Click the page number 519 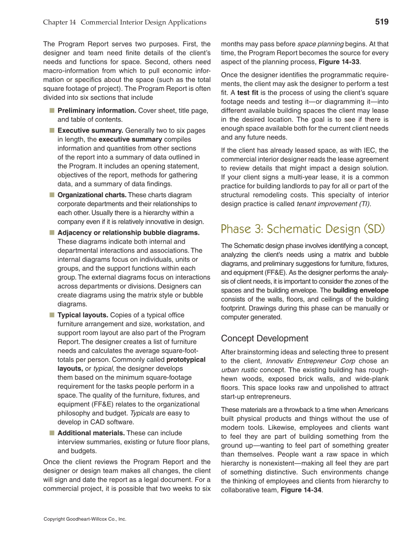pyautogui.click(x=381, y=22)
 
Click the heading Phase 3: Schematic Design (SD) pyautogui.click(x=303, y=229)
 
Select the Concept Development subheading pyautogui.click(x=265, y=338)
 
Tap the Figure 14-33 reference pyautogui.click(x=339, y=61)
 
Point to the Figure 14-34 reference pyautogui.click(x=301, y=490)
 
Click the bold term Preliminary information pyautogui.click(x=97, y=111)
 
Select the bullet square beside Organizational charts pyautogui.click(x=51, y=195)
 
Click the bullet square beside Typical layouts pyautogui.click(x=51, y=315)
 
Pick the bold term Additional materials pyautogui.click(x=91, y=433)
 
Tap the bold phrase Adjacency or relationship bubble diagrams pyautogui.click(x=128, y=232)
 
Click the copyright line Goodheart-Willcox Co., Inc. pyautogui.click(x=85, y=519)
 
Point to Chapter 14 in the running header pyautogui.click(x=60, y=22)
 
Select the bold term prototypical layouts pyautogui.click(x=186, y=360)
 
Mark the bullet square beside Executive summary pyautogui.click(x=51, y=130)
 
